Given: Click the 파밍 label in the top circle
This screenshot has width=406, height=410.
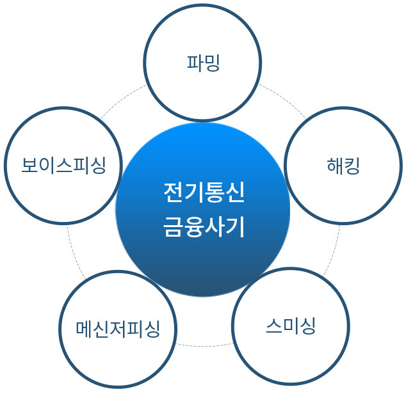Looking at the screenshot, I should [x=203, y=63].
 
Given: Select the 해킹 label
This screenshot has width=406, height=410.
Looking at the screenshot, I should [x=343, y=167].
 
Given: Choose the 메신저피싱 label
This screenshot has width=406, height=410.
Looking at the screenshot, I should [x=118, y=329].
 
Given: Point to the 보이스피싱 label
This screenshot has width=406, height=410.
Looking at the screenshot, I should [x=63, y=166].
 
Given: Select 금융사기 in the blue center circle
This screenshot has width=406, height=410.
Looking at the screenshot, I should [x=203, y=227].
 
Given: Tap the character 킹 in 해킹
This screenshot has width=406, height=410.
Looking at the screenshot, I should [x=352, y=167].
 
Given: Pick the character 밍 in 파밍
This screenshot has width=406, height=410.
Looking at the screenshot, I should [x=212, y=63].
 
